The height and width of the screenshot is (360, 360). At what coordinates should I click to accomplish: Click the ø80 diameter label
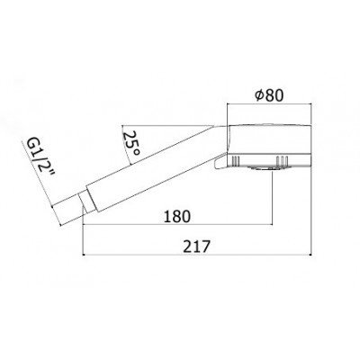tap(269, 95)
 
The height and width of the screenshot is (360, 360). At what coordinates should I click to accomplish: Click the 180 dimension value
tap(177, 216)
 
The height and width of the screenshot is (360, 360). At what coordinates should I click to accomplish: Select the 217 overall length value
tap(196, 247)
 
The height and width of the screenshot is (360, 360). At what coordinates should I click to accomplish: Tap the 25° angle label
tap(131, 143)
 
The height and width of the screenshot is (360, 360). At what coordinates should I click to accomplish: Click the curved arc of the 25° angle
tap(125, 146)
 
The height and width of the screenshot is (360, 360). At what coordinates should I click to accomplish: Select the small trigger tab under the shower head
tap(220, 161)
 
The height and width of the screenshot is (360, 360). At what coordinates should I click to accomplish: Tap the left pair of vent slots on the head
tap(237, 160)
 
